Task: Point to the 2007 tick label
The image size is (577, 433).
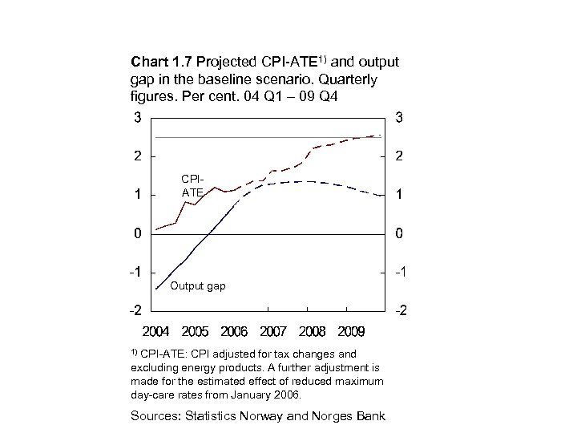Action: click(x=274, y=330)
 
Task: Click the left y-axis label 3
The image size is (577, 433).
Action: click(x=138, y=118)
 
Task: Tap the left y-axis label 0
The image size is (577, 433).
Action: click(x=138, y=234)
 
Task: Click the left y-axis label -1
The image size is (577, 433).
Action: click(x=135, y=273)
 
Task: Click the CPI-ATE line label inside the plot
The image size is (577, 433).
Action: click(x=192, y=186)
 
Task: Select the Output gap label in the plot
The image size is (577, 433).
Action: click(x=198, y=286)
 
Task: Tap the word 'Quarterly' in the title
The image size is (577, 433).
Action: click(x=349, y=81)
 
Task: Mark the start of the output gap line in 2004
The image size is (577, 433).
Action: click(x=156, y=288)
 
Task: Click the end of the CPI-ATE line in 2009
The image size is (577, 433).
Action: click(x=381, y=136)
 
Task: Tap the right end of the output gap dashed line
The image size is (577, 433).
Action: click(x=381, y=196)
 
